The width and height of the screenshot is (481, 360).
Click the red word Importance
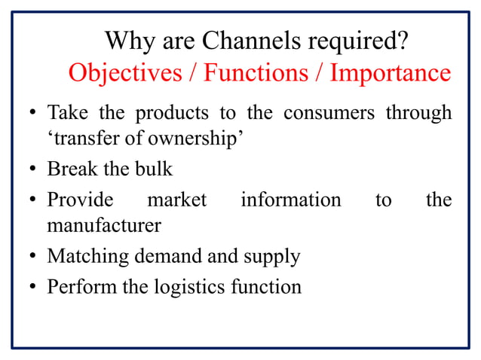[x=391, y=73]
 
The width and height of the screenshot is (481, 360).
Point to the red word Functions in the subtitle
[x=256, y=73]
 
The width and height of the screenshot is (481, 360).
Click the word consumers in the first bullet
[x=330, y=114]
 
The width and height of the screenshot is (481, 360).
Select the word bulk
[x=155, y=169]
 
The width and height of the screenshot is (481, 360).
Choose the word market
[x=176, y=200]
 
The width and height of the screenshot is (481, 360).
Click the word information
[x=290, y=200]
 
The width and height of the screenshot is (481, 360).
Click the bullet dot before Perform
[x=34, y=288]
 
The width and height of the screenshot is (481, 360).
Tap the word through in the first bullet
[x=418, y=114]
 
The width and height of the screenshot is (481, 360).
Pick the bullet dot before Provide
[x=34, y=201]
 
